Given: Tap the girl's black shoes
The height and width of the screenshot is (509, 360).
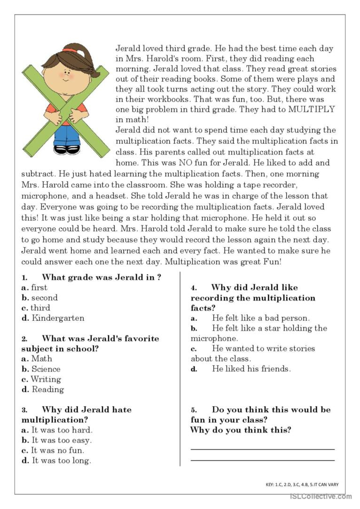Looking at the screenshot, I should (67, 149).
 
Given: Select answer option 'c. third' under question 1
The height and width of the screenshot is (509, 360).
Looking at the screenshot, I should (36, 308).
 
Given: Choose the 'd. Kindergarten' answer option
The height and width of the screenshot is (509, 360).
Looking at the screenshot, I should (53, 318).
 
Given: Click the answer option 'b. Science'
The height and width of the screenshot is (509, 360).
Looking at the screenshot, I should (41, 369).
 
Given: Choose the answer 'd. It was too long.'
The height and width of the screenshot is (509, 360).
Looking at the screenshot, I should (56, 461).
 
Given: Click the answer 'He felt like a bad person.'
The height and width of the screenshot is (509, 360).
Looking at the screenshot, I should (260, 318).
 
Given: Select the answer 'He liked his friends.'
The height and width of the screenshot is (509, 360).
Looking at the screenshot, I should (251, 369).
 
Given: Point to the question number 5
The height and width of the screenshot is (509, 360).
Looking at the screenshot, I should (194, 410).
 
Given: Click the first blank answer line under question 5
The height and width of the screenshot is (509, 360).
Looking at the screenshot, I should (262, 449).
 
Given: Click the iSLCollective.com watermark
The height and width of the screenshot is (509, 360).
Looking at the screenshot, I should (321, 496).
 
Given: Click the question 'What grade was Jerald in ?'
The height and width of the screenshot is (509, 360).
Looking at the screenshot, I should (101, 277).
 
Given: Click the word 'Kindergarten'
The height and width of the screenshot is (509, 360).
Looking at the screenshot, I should (58, 318).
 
